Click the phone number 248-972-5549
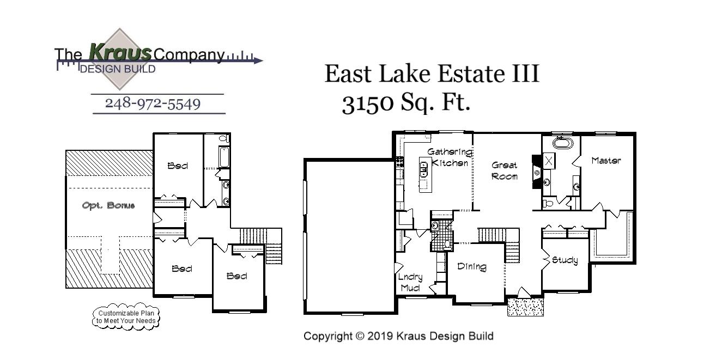(153, 103)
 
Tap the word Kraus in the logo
(120, 53)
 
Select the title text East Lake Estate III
(432, 74)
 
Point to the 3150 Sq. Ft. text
(405, 103)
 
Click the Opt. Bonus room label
(108, 205)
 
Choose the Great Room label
(505, 170)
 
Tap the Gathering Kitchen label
(449, 157)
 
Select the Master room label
(606, 161)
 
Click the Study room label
(565, 260)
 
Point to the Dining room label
(471, 266)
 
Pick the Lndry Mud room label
(410, 282)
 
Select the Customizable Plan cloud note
(126, 317)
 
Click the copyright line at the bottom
(398, 336)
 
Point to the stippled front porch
(525, 307)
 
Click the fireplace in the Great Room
(536, 172)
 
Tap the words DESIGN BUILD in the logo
(117, 69)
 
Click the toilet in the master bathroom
(549, 203)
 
